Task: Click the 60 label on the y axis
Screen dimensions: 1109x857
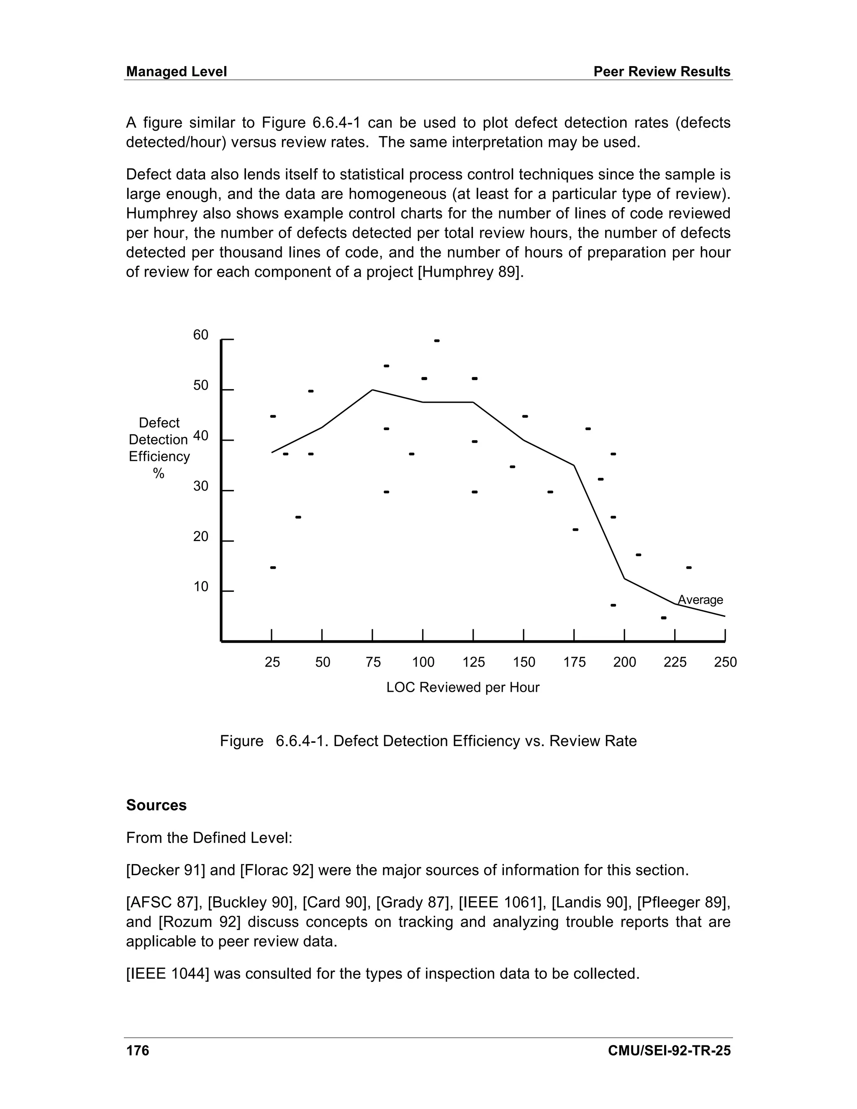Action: pyautogui.click(x=200, y=335)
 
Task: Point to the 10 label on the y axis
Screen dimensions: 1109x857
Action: pyautogui.click(x=200, y=587)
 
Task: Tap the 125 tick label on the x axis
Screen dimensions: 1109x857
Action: pyautogui.click(x=474, y=662)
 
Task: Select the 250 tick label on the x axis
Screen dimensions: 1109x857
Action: pyautogui.click(x=725, y=662)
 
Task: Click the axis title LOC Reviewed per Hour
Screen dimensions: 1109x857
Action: pyautogui.click(x=462, y=688)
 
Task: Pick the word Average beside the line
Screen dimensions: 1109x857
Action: pyautogui.click(x=700, y=600)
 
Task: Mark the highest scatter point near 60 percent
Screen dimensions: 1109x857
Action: pyautogui.click(x=436, y=341)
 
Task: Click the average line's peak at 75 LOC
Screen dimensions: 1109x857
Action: pyautogui.click(x=373, y=390)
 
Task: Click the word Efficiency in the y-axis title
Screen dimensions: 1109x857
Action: pyautogui.click(x=159, y=457)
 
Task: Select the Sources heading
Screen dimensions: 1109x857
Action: pyautogui.click(x=157, y=805)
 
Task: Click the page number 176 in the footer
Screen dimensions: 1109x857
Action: pyautogui.click(x=138, y=1050)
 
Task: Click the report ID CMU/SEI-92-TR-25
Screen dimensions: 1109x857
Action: pyautogui.click(x=669, y=1050)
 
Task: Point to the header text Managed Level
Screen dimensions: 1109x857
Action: pyautogui.click(x=176, y=72)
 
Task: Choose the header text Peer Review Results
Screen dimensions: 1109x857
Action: pyautogui.click(x=662, y=72)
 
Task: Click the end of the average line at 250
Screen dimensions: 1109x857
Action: pyautogui.click(x=724, y=616)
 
